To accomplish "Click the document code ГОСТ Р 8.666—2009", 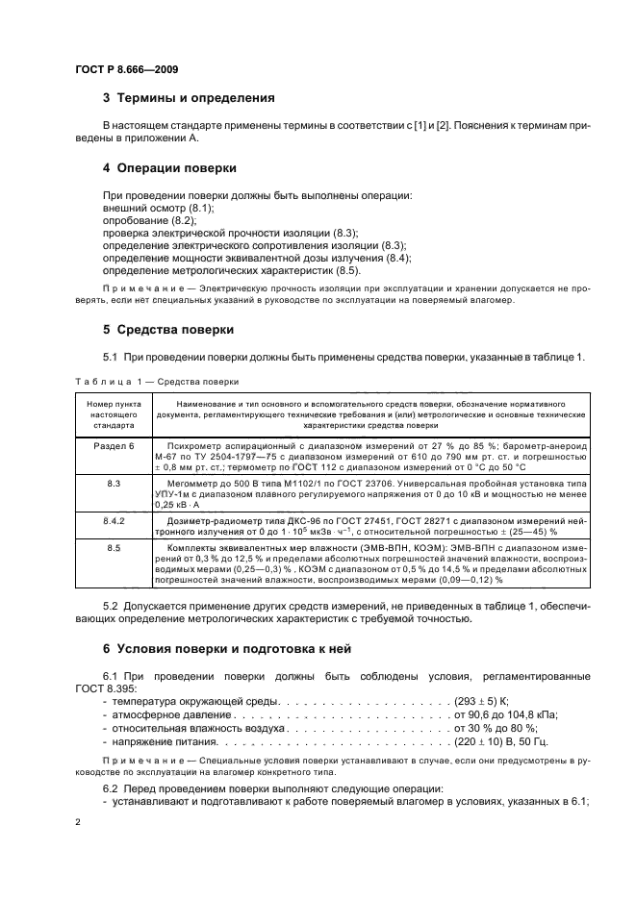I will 125,68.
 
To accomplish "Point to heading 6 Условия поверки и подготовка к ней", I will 226,648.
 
